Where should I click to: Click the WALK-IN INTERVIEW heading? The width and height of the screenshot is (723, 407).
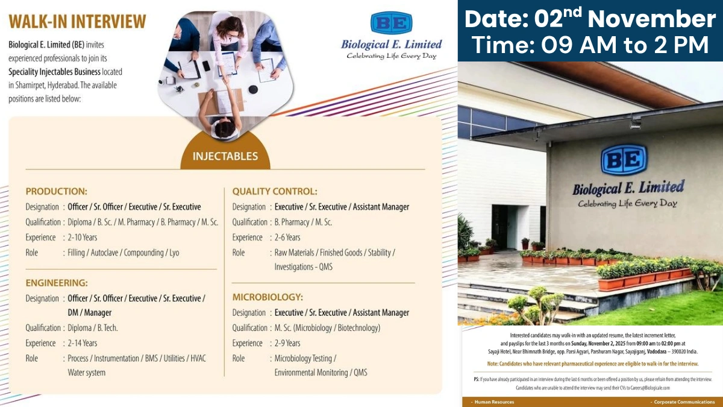pyautogui.click(x=77, y=22)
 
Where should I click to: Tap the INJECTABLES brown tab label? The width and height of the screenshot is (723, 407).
pyautogui.click(x=225, y=156)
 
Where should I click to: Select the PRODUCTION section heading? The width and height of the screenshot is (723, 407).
pyautogui.click(x=56, y=191)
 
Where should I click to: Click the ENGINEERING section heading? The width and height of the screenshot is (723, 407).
pyautogui.click(x=57, y=282)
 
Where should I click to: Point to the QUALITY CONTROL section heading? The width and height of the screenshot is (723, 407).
pyautogui.click(x=275, y=191)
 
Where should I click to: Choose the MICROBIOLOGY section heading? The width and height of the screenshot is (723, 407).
pyautogui.click(x=268, y=297)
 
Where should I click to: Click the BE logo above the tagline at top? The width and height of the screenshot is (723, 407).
pyautogui.click(x=391, y=24)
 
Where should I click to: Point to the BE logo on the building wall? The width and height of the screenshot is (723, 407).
pyautogui.click(x=624, y=159)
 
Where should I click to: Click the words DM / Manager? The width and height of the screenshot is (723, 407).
pyautogui.click(x=89, y=313)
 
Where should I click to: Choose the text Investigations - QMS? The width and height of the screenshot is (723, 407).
pyautogui.click(x=303, y=267)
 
